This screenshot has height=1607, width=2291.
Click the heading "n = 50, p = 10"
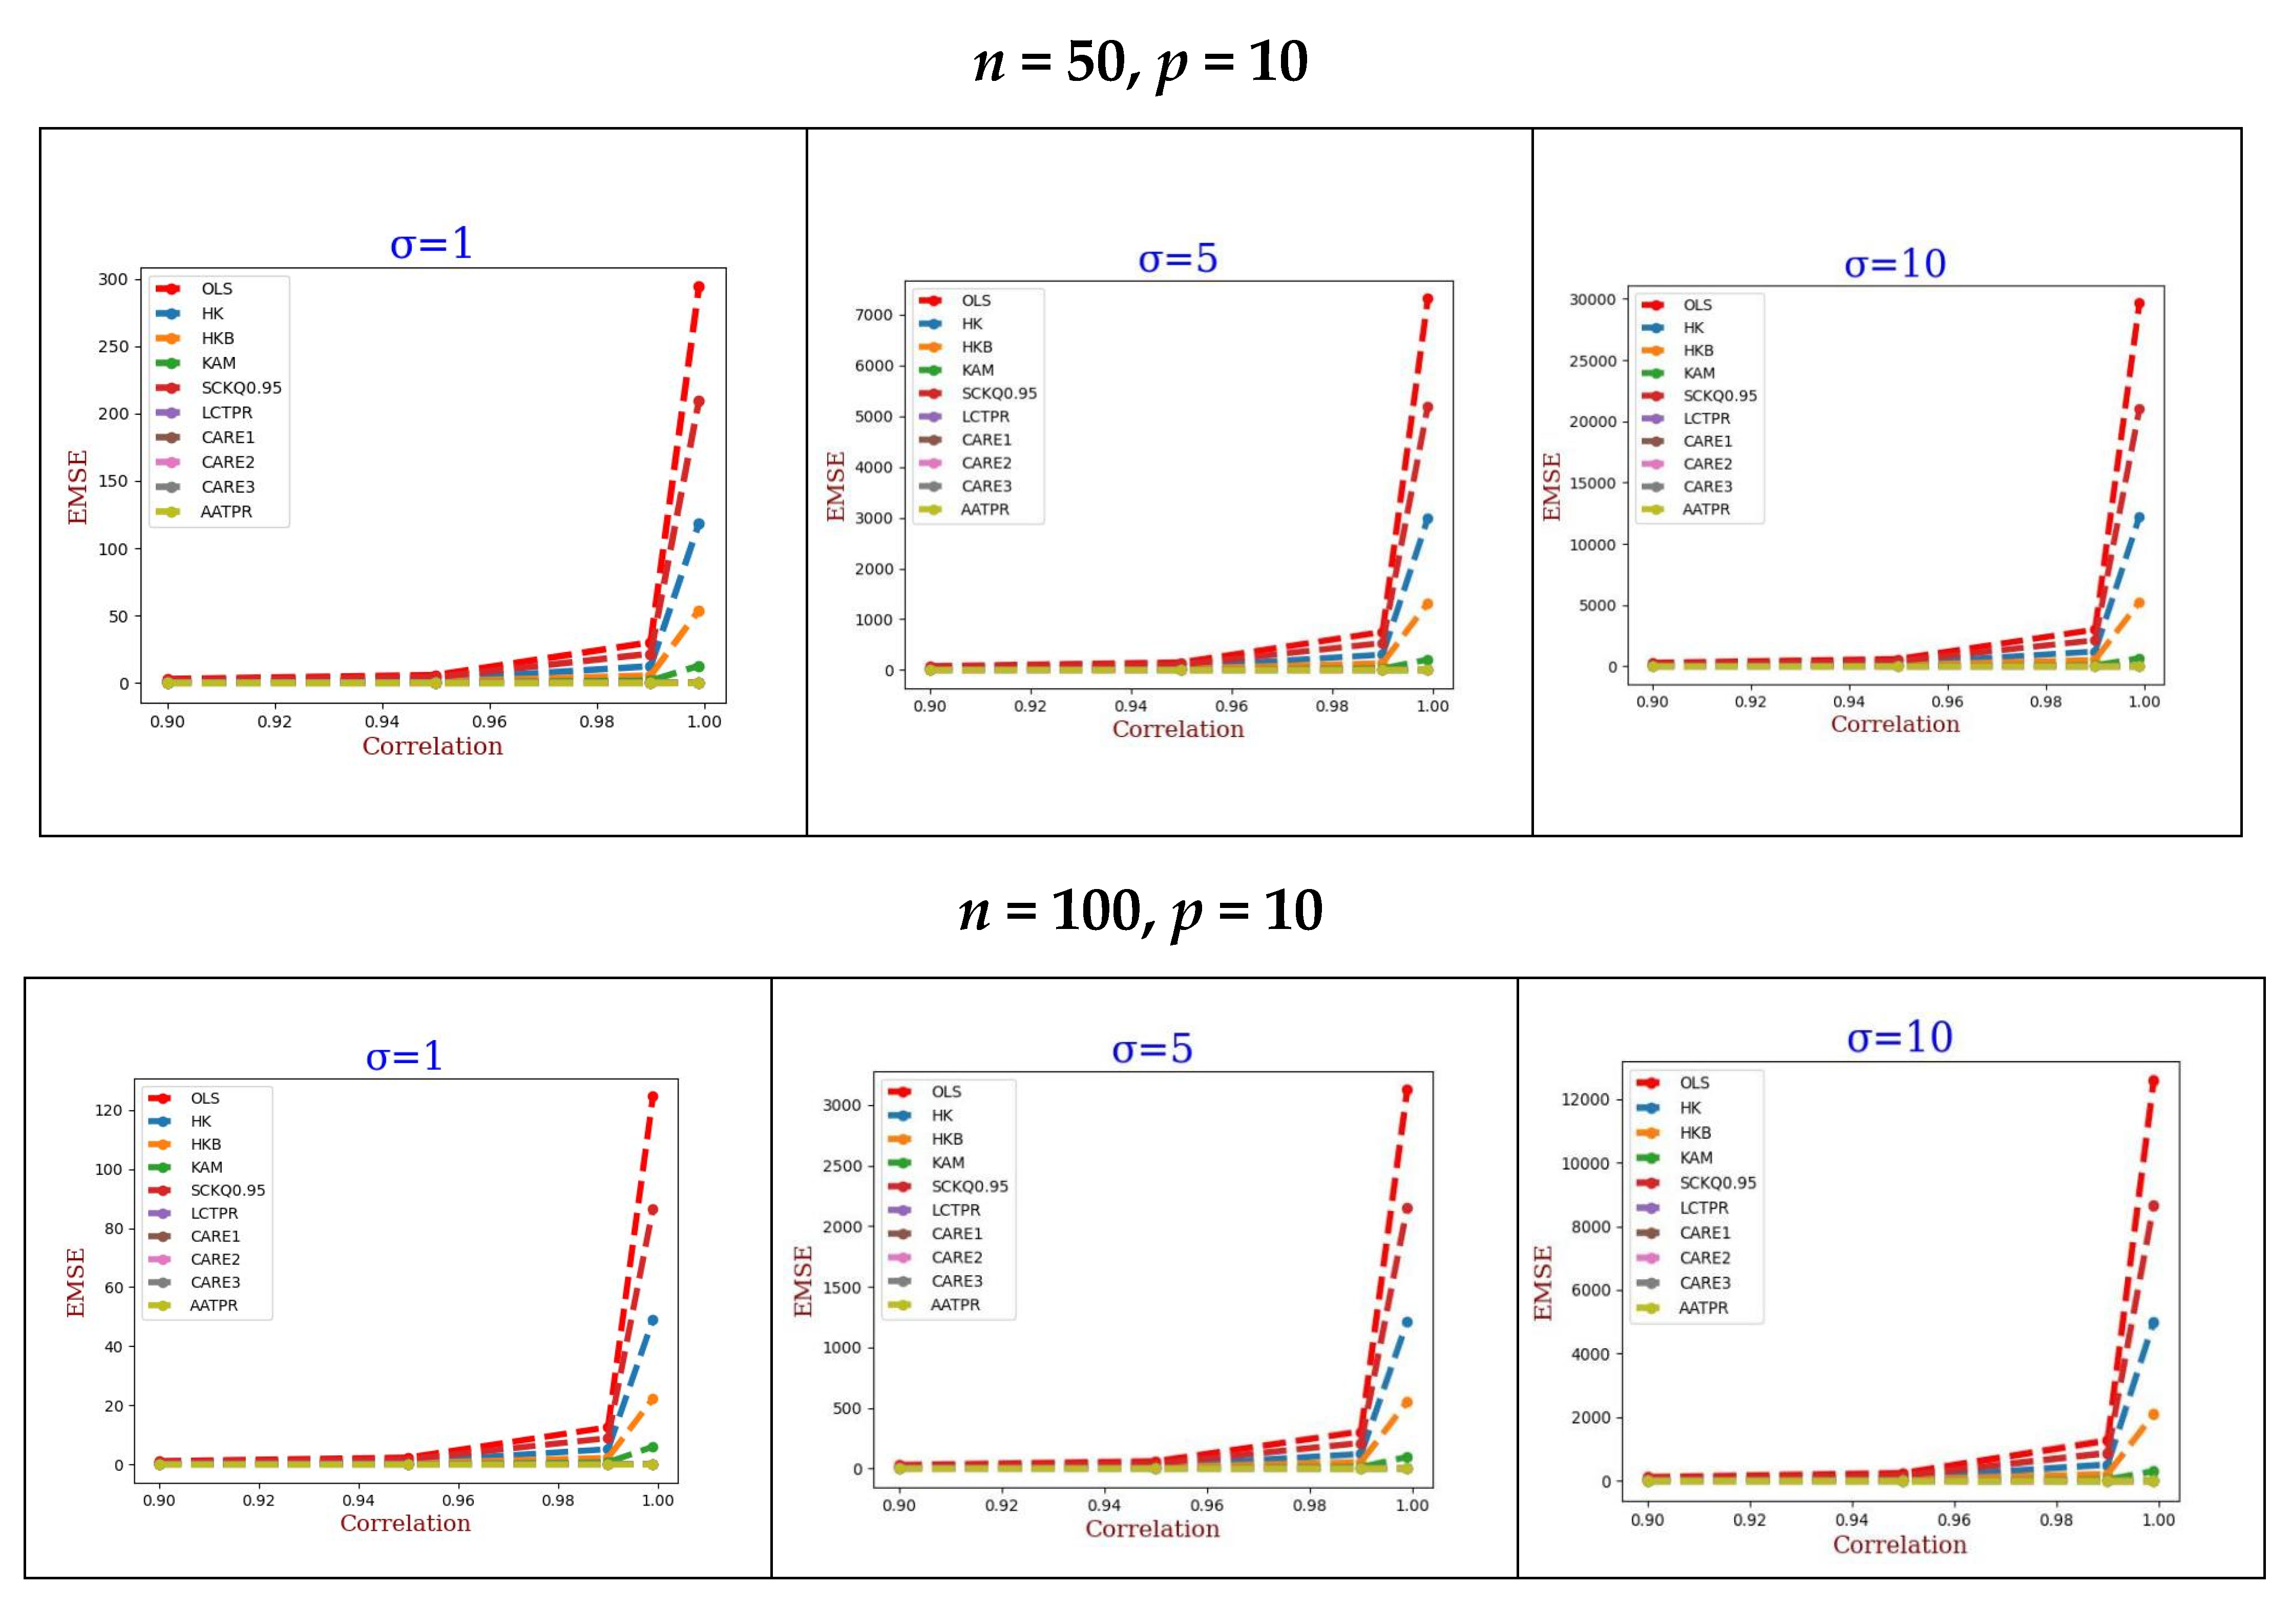click(x=1141, y=62)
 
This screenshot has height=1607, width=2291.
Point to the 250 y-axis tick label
click(x=113, y=346)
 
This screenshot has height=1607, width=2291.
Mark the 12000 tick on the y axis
click(x=1586, y=1099)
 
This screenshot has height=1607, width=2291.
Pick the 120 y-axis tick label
click(x=108, y=1110)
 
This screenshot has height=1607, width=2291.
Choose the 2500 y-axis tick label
click(x=842, y=1166)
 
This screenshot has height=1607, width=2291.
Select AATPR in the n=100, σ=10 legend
click(x=1703, y=1308)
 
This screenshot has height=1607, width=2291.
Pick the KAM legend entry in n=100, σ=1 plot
click(x=206, y=1167)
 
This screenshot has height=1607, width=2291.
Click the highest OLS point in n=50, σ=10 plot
click(x=2138, y=304)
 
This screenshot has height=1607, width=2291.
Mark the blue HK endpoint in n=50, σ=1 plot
click(x=699, y=525)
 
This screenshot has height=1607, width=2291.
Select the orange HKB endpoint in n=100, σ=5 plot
click(x=1407, y=1403)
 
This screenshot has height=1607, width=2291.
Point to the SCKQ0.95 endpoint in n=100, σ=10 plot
click(x=2153, y=1206)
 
